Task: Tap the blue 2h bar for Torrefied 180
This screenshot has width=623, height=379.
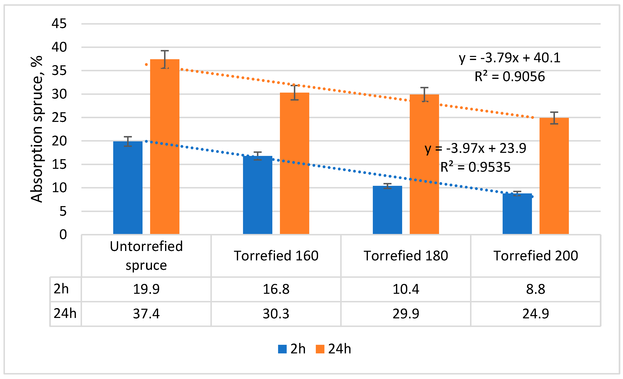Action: click(x=387, y=210)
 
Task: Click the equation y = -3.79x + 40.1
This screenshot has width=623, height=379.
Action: click(x=509, y=58)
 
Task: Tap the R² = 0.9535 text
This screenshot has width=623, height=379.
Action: click(x=475, y=167)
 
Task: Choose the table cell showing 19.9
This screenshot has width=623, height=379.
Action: click(x=146, y=289)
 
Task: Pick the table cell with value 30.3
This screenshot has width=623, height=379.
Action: click(x=276, y=314)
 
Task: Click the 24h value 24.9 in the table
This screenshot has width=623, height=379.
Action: click(x=535, y=314)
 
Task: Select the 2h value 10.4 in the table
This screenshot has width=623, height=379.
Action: click(x=406, y=289)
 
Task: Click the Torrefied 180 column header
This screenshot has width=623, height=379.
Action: click(x=406, y=256)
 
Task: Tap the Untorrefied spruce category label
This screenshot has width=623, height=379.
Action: click(x=146, y=256)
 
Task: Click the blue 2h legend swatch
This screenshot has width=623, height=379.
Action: click(x=282, y=349)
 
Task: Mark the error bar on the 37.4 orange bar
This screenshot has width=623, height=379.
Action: click(x=165, y=59)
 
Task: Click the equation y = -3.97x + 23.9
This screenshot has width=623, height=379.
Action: click(x=475, y=148)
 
